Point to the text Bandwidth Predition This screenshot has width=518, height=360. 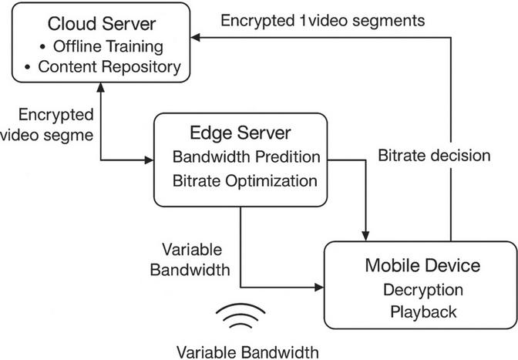click(247, 157)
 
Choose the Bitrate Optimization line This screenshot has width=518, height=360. click(246, 181)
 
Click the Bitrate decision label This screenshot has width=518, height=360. click(434, 155)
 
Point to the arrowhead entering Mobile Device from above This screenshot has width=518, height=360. click(367, 234)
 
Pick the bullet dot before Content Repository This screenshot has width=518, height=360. click(27, 67)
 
